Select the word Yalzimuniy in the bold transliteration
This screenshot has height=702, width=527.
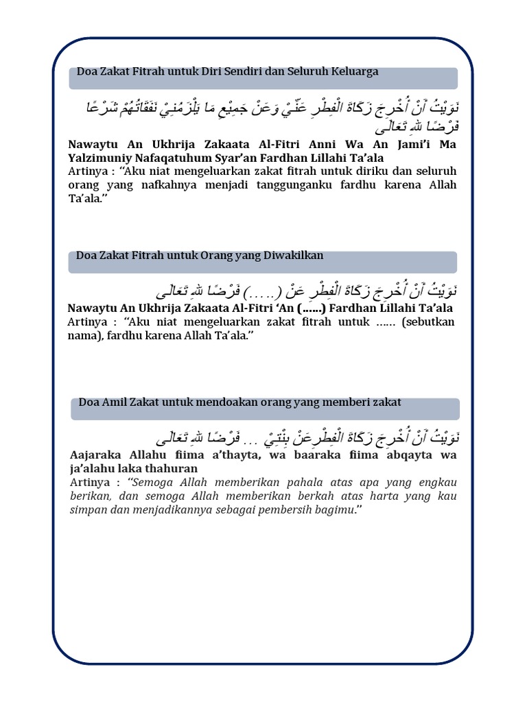click(102, 158)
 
